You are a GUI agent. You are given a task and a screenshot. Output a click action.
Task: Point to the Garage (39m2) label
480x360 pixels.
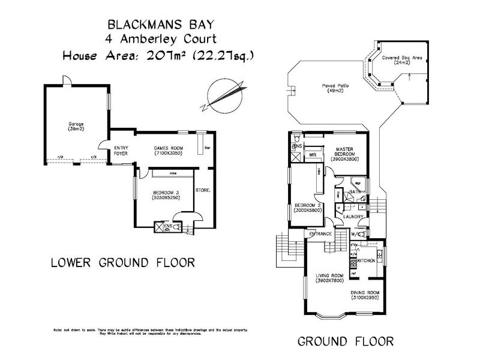pyautogui.click(x=76, y=127)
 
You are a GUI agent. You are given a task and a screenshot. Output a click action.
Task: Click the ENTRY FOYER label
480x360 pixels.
pyautogui.click(x=122, y=151)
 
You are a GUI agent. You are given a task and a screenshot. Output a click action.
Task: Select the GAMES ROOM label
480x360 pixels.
pyautogui.click(x=168, y=151)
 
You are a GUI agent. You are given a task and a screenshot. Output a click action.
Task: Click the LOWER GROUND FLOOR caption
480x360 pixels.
pyautogui.click(x=123, y=263)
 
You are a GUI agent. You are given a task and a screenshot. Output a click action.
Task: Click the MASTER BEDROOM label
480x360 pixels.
pyautogui.click(x=347, y=154)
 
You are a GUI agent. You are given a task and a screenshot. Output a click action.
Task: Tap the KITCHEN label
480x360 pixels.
pyautogui.click(x=367, y=261)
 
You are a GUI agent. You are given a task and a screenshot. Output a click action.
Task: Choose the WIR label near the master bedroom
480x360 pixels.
pyautogui.click(x=313, y=155)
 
